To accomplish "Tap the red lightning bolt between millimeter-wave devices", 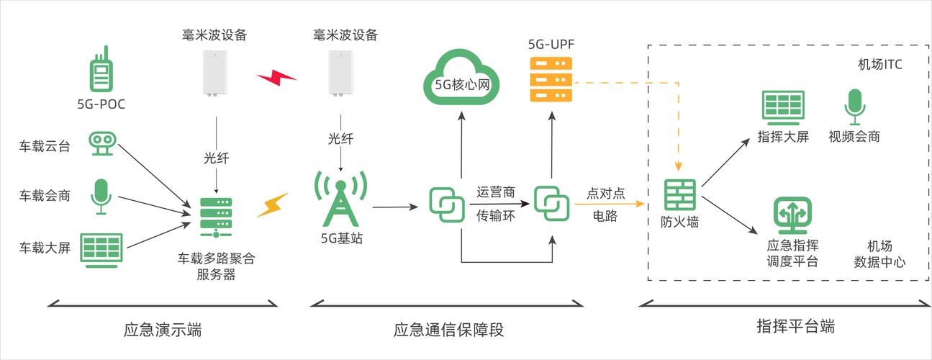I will (x=276, y=77).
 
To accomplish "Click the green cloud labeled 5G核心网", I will (x=461, y=78).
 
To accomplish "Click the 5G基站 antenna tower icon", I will (x=340, y=198).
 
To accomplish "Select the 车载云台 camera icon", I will (x=101, y=143).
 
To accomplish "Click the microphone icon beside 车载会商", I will (x=101, y=196).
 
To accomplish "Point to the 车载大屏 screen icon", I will (x=101, y=249).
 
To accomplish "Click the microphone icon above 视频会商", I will (x=854, y=107).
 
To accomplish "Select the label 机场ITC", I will (x=879, y=65).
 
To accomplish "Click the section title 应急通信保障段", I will (x=448, y=330).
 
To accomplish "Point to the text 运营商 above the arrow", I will (x=496, y=192).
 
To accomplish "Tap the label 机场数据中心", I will (x=879, y=253).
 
